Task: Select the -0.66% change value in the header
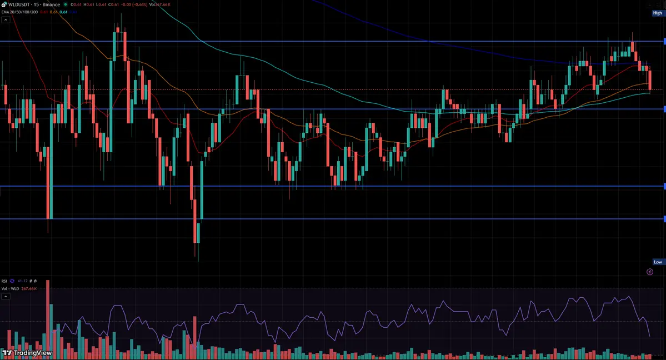coord(137,4)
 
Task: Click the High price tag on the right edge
coord(658,13)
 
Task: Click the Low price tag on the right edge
coord(658,262)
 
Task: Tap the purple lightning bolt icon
coord(650,272)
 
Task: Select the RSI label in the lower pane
coord(5,281)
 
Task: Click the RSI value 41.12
coord(22,281)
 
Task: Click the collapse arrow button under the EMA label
coord(6,19)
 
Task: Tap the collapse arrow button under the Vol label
coord(6,297)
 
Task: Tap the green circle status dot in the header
coord(66,4)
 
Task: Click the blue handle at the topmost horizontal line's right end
coord(664,41)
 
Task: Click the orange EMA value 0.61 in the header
coord(54,12)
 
